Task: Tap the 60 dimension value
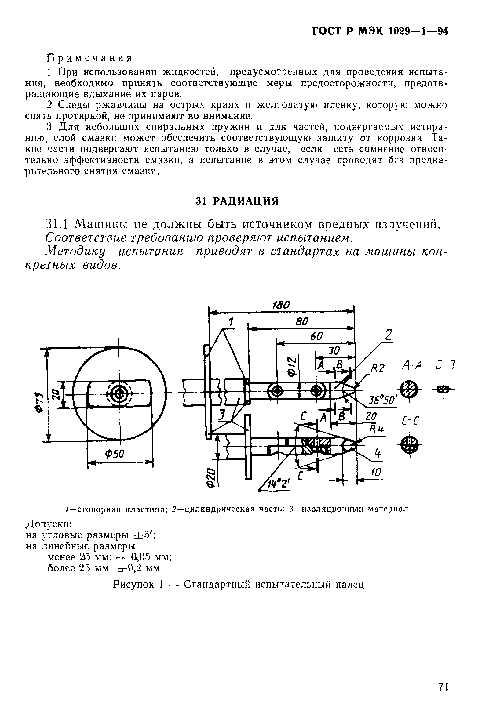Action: click(x=316, y=337)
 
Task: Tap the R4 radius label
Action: click(x=377, y=430)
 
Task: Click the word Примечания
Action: click(x=89, y=58)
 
